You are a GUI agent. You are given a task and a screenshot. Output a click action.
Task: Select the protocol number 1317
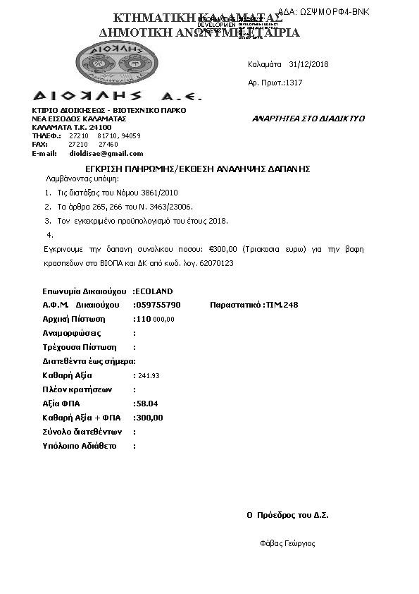(x=294, y=83)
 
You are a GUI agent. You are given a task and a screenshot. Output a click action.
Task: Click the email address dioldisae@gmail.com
(x=106, y=153)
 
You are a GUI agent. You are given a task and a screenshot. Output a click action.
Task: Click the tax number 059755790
(x=158, y=305)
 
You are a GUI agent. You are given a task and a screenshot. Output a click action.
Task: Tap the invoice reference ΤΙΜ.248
(x=282, y=305)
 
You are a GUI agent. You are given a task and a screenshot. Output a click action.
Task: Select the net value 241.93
(x=149, y=376)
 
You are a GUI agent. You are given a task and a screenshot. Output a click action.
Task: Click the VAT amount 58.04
(x=149, y=404)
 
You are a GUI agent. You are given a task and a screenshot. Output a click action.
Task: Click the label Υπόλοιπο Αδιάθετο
(x=80, y=446)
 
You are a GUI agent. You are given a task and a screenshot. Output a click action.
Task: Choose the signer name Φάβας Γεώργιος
(x=287, y=543)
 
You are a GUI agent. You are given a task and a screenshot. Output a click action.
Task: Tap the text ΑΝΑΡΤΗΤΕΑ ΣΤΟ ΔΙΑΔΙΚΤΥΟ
(x=308, y=119)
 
